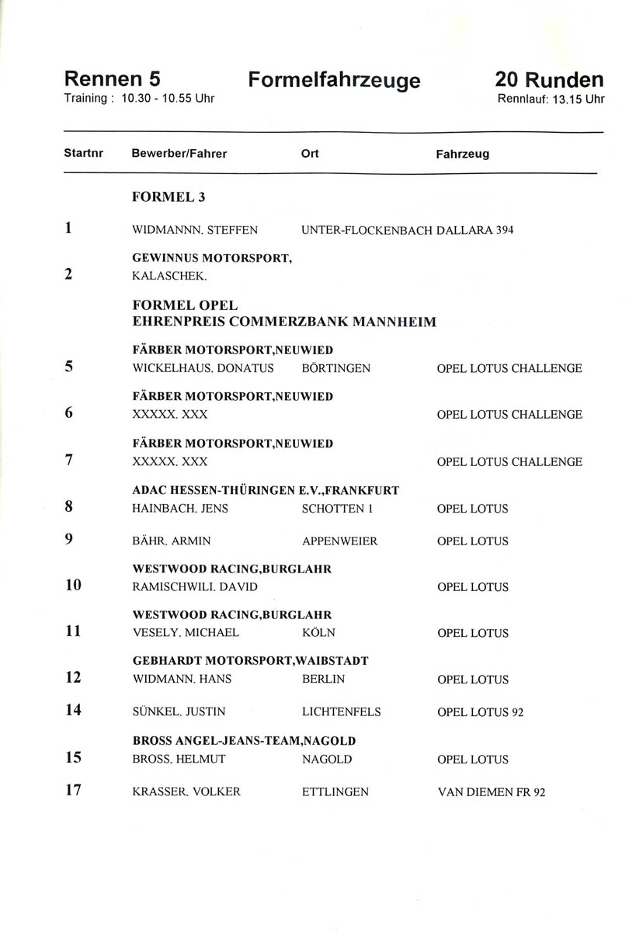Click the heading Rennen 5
[x=112, y=79]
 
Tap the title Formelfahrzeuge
[x=334, y=81]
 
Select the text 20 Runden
[x=548, y=80]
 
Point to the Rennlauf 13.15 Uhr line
[x=551, y=99]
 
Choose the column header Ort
[x=309, y=154]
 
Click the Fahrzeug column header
[x=462, y=155]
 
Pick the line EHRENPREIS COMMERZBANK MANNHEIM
[x=284, y=322]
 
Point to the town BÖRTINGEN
[x=335, y=368]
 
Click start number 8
[x=69, y=508]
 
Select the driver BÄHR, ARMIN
[x=172, y=541]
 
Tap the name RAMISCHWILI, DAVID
[x=195, y=587]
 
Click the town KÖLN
[x=318, y=633]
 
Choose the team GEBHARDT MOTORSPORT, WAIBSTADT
[x=250, y=661]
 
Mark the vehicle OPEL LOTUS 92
[x=480, y=711]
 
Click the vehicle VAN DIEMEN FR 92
[x=491, y=792]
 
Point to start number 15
[x=73, y=758]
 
